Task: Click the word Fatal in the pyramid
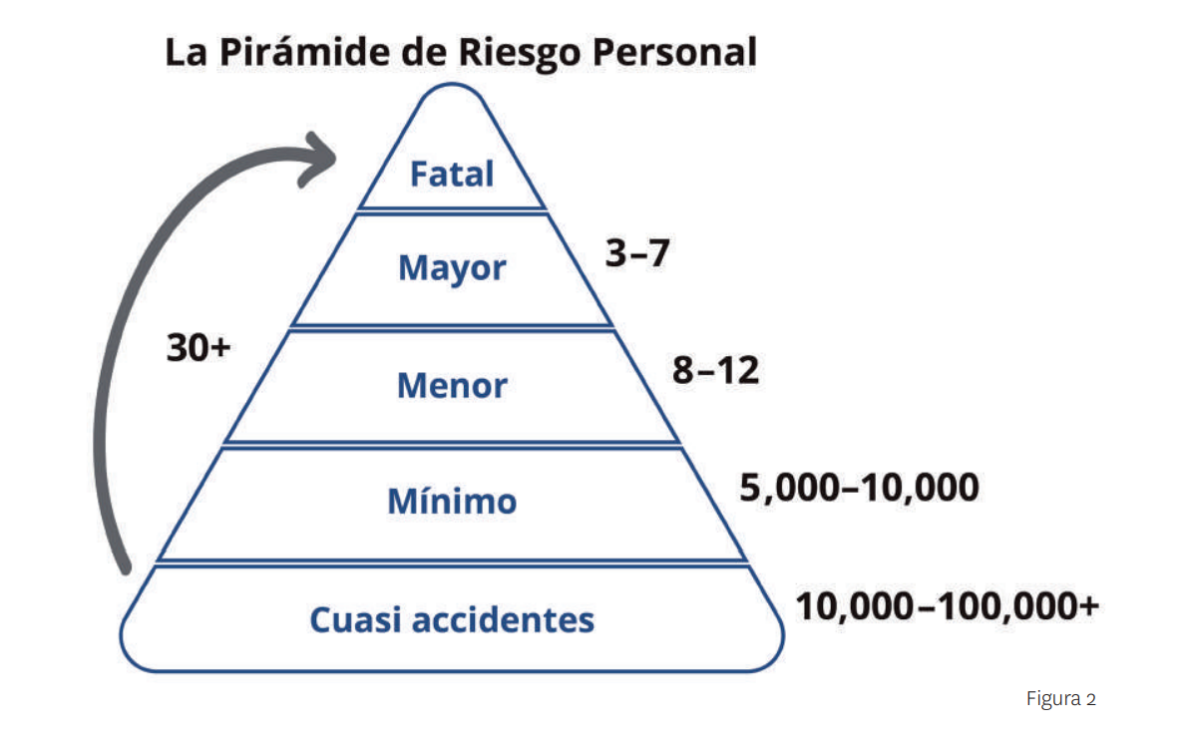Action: (452, 174)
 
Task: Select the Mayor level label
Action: (452, 267)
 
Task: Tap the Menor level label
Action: (452, 385)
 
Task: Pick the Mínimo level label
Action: (452, 501)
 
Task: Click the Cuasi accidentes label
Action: (452, 619)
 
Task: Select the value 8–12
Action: (715, 371)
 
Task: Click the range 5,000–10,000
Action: (859, 488)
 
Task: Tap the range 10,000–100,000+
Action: (947, 605)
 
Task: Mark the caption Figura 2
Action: (1060, 699)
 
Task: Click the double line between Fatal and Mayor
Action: (452, 209)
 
